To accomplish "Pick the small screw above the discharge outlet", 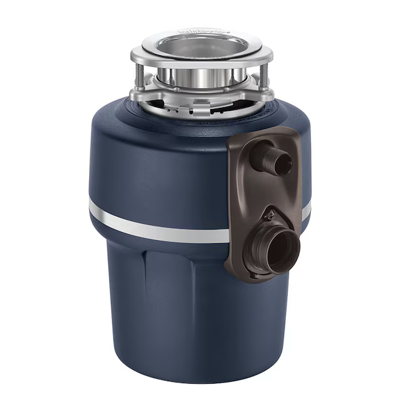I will [x=269, y=216].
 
